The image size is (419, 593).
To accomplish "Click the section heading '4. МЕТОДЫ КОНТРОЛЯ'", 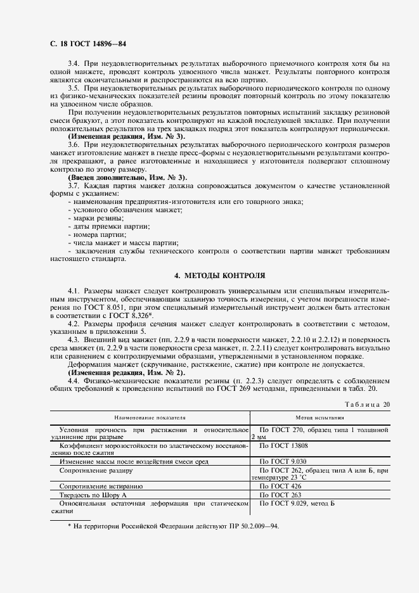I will pyautogui.click(x=220, y=276).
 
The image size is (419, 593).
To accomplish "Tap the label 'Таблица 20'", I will pyautogui.click(x=367, y=404).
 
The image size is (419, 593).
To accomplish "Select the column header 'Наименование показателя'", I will pyautogui.click(x=150, y=418).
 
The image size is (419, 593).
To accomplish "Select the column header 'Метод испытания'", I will pyautogui.click(x=320, y=418).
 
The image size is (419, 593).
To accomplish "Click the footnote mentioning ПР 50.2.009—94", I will pyautogui.click(x=172, y=526).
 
